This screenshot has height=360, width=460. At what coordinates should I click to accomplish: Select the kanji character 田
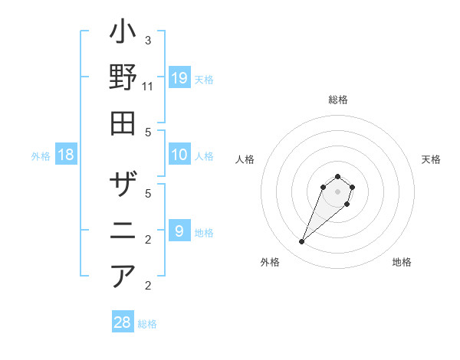(123, 123)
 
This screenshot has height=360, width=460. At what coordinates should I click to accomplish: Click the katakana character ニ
(123, 230)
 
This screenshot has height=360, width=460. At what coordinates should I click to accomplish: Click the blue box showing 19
(179, 78)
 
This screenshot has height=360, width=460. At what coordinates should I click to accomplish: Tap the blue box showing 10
(179, 155)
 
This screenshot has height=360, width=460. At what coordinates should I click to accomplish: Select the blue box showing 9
(179, 231)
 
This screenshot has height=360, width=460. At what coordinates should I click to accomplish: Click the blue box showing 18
(66, 155)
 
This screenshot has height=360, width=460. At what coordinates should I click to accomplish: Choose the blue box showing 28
(123, 322)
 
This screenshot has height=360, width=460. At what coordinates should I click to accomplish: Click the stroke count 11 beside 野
(147, 87)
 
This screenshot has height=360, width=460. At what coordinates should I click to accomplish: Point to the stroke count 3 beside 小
(147, 40)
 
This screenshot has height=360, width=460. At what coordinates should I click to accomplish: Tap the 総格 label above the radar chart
(337, 100)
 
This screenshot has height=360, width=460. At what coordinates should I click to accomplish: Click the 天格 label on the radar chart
(431, 159)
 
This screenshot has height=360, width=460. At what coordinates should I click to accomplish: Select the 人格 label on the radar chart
(245, 159)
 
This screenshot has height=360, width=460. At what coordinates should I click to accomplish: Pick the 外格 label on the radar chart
(269, 262)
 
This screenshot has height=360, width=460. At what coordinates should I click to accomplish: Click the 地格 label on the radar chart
(402, 262)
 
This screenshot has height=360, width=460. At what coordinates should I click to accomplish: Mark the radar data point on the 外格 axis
(302, 242)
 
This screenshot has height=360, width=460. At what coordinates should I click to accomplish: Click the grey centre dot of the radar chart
(337, 191)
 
